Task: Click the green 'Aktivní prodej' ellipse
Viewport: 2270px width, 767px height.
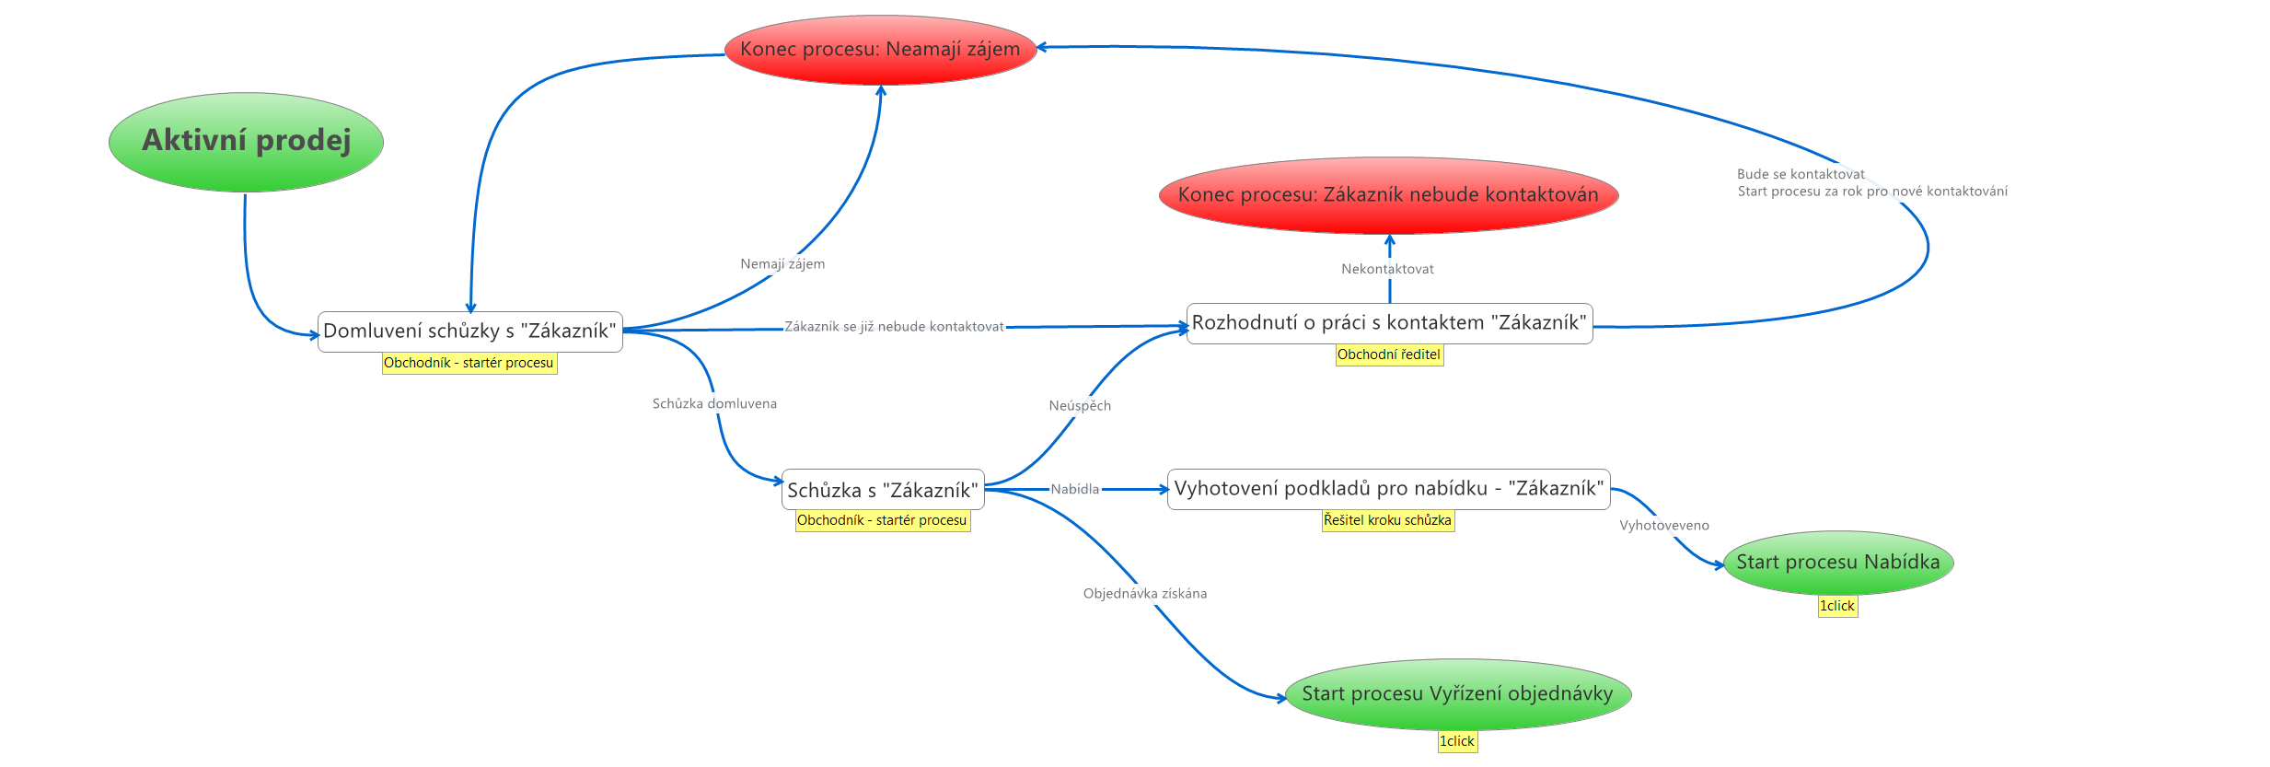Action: [246, 142]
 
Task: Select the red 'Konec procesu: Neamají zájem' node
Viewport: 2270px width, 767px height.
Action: [880, 50]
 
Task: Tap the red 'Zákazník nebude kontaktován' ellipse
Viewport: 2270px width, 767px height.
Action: [1388, 195]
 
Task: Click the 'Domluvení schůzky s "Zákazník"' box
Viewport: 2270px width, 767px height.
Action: [469, 331]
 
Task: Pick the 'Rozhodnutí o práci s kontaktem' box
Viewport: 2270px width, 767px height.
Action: [1389, 323]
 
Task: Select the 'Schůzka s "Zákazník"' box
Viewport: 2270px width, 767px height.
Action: [882, 490]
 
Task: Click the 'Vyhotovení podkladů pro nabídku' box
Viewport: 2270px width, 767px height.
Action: [1388, 489]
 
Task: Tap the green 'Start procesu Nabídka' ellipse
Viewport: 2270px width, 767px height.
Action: [1837, 563]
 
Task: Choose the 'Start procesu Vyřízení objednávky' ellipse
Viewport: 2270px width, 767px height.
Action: [1457, 694]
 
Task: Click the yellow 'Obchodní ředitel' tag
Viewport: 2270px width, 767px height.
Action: [1389, 354]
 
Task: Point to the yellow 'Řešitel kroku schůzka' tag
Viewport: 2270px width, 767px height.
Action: [1387, 520]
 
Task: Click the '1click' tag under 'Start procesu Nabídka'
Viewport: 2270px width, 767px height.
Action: [1836, 606]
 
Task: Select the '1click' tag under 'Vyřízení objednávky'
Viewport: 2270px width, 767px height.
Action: [1457, 741]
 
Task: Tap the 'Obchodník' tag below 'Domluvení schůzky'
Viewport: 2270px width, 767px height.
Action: [469, 363]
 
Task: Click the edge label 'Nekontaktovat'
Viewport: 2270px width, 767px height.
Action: [1387, 269]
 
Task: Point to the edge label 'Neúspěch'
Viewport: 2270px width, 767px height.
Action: [1080, 405]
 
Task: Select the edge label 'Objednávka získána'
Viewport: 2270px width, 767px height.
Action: [1144, 594]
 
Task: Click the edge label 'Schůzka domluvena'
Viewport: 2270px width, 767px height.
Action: [714, 403]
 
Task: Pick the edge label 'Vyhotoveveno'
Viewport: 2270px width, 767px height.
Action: [1664, 526]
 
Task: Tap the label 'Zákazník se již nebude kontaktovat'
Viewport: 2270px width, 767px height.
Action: [894, 327]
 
